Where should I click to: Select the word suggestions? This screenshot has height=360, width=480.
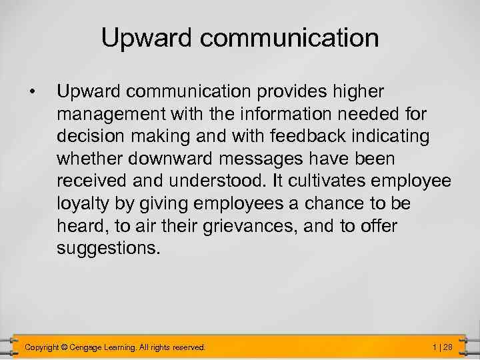(109, 249)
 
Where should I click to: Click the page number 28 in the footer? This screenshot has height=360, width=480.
(447, 347)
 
